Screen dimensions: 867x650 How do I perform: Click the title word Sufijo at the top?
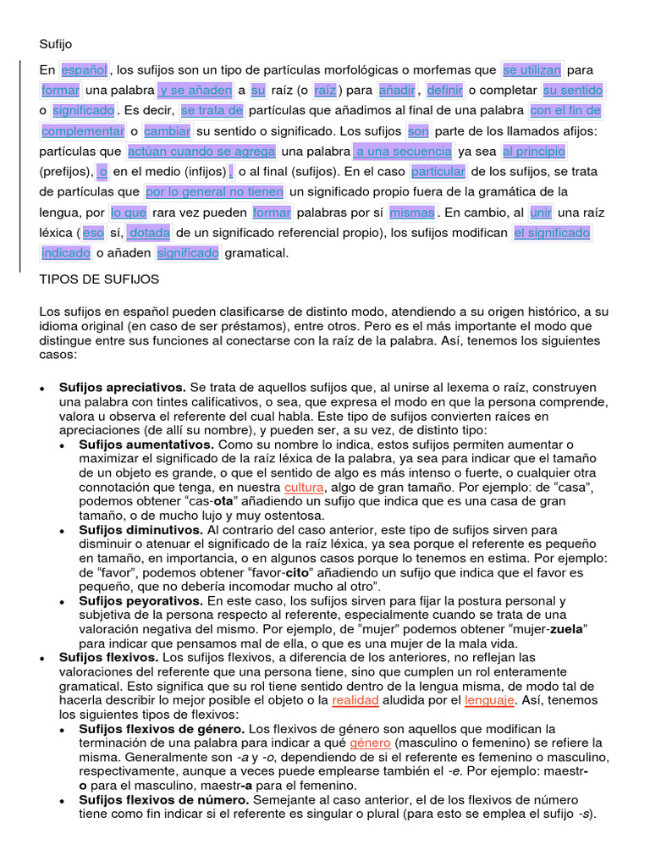click(56, 43)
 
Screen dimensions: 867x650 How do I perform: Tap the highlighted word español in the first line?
click(85, 69)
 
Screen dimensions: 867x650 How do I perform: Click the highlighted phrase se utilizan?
click(532, 69)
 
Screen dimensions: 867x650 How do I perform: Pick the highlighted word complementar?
click(83, 131)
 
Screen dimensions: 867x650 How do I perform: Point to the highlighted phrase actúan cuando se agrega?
click(201, 152)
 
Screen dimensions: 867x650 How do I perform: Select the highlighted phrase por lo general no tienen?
click(215, 192)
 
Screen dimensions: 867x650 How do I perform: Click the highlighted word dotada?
click(149, 232)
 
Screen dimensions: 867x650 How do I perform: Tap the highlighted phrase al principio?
click(533, 152)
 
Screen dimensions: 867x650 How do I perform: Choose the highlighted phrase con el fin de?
click(565, 111)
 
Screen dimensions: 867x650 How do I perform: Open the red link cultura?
click(304, 489)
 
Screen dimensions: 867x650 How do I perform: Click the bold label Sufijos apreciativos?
click(123, 387)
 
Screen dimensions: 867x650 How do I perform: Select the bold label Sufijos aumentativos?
click(146, 445)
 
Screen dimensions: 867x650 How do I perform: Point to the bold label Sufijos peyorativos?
click(141, 600)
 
